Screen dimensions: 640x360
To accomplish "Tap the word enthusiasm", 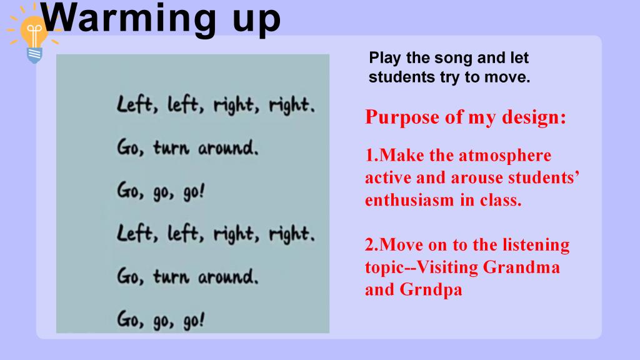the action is [x=409, y=201].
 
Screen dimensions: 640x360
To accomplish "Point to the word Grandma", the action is [x=521, y=267].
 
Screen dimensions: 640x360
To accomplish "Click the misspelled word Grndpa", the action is [x=431, y=290].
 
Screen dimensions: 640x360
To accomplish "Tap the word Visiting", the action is [x=447, y=268].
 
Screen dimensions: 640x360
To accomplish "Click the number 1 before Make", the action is [x=370, y=156].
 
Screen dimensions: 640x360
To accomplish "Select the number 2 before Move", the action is [x=370, y=245].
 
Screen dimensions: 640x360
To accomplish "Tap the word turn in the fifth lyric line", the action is [x=171, y=277].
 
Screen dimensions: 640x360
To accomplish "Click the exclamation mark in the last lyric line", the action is [x=202, y=320].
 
